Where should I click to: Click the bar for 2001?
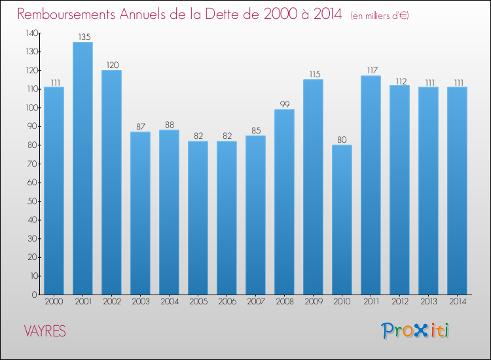pyautogui.click(x=82, y=168)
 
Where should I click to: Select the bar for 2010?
pyautogui.click(x=342, y=219)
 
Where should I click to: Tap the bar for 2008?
pyautogui.click(x=284, y=202)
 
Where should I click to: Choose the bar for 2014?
pyautogui.click(x=457, y=190)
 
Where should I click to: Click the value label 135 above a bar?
pyautogui.click(x=82, y=37)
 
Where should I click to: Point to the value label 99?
pyautogui.click(x=284, y=105)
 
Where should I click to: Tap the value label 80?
pyautogui.click(x=342, y=140)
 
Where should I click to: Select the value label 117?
pyautogui.click(x=371, y=71)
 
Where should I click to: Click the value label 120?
pyautogui.click(x=111, y=65)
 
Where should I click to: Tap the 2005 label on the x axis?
pyautogui.click(x=198, y=302)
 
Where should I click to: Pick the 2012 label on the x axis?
pyautogui.click(x=399, y=302)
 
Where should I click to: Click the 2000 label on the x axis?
pyautogui.click(x=54, y=302)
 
